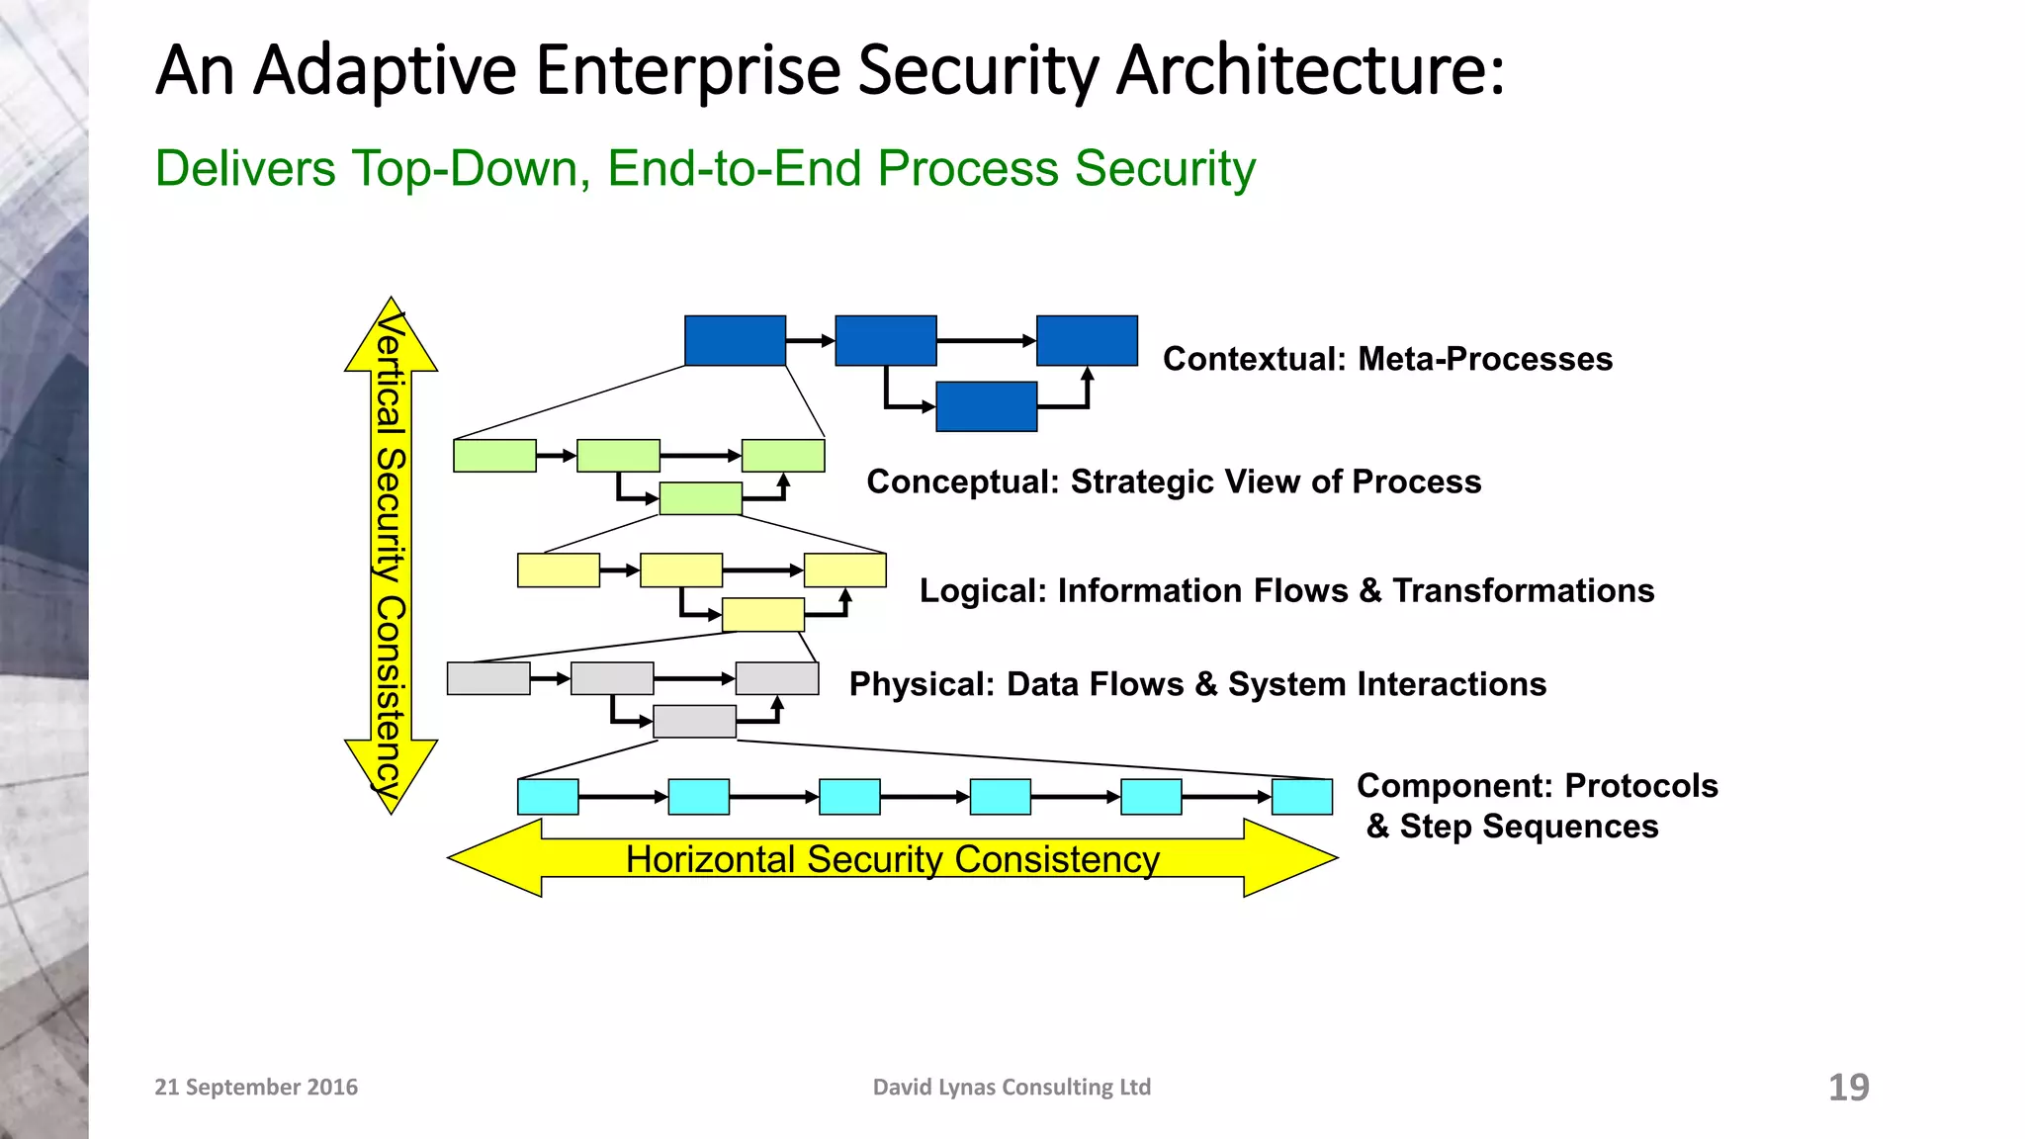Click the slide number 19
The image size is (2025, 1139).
1848,1087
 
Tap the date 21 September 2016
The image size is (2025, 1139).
256,1087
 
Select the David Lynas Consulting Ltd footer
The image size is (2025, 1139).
1012,1087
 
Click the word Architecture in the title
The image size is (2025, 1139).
1310,71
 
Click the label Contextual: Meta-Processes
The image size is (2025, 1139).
1387,359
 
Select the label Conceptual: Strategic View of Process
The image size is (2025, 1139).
1174,482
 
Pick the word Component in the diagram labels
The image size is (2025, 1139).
1453,786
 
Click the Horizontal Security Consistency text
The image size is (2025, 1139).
892,859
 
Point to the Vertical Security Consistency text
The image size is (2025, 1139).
391,554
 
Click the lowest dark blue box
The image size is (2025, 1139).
986,406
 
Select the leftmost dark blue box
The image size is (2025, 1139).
735,341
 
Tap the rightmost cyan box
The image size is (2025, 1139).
1301,797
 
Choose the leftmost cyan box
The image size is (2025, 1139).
548,797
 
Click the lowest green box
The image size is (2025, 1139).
700,498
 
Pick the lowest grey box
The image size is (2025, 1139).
694,722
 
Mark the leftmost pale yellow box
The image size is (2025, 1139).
558,570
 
